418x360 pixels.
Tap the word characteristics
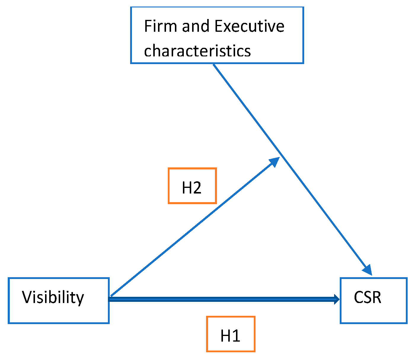click(197, 51)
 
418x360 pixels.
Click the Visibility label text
click(53, 298)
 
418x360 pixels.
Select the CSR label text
click(368, 297)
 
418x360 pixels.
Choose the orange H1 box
click(231, 334)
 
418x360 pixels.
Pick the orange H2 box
click(192, 186)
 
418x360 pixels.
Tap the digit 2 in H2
click(197, 188)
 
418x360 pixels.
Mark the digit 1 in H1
click(236, 336)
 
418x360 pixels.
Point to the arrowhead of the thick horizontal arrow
click(337, 299)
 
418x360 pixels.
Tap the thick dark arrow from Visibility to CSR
click(222, 300)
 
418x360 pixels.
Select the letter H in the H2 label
click(187, 188)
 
